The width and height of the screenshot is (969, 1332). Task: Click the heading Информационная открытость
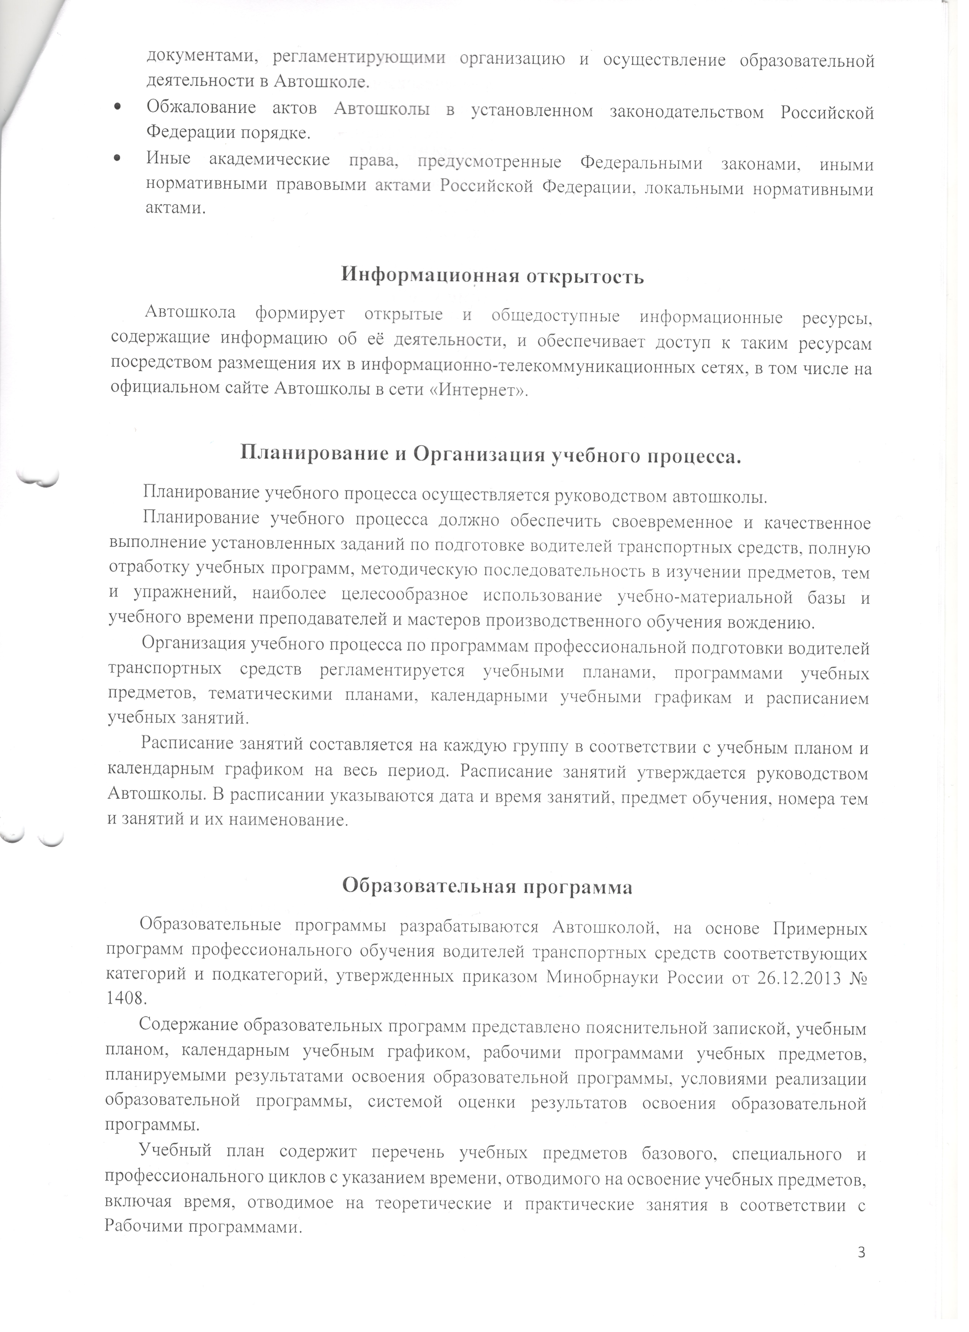492,276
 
